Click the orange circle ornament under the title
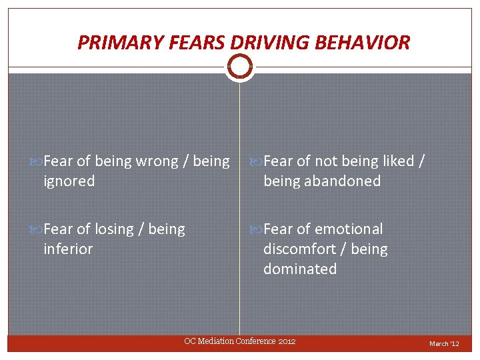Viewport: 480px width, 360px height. coord(240,65)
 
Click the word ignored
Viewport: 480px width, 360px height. coord(69,181)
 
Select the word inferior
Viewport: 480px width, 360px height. coord(68,249)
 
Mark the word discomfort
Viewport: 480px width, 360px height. coord(298,249)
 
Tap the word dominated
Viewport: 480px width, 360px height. coord(300,269)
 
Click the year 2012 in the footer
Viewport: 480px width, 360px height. coord(287,341)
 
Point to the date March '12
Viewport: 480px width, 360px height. coord(444,344)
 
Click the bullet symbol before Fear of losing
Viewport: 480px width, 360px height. coord(37,229)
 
